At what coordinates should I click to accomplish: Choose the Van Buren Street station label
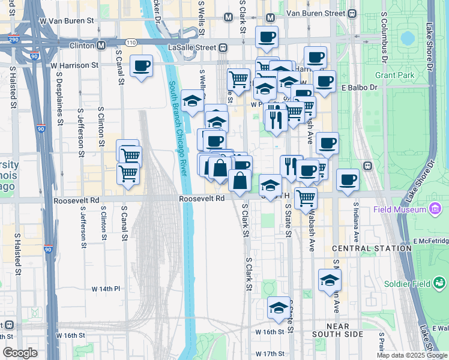316,13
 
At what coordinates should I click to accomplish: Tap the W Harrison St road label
74,65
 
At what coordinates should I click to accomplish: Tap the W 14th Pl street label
106,289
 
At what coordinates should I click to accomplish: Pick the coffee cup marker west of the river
141,66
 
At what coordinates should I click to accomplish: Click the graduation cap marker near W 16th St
279,308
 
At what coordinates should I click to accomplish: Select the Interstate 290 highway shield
13,40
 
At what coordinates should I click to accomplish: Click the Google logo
20,352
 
